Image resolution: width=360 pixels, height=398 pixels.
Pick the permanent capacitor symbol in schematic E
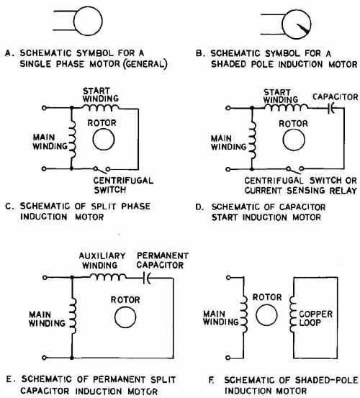(x=146, y=278)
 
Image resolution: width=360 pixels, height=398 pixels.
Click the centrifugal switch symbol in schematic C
(x=102, y=169)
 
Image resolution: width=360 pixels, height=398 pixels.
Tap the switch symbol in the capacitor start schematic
(x=294, y=169)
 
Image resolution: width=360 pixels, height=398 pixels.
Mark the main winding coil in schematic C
(x=73, y=140)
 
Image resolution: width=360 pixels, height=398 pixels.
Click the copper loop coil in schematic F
(x=292, y=314)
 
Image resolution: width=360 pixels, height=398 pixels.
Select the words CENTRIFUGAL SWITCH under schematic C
(x=123, y=185)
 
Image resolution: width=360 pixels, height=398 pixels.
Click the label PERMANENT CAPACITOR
(x=163, y=260)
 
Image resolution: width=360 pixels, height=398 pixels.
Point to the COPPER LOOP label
(x=315, y=318)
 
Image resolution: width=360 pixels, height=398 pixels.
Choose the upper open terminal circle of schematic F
(x=228, y=278)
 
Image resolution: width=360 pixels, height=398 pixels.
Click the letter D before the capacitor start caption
(x=199, y=207)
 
